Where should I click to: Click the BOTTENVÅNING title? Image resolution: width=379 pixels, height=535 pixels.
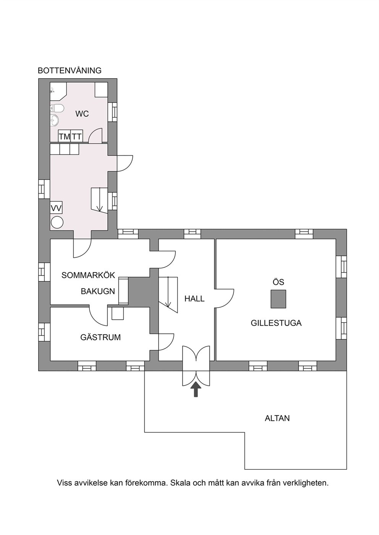pyautogui.click(x=70, y=71)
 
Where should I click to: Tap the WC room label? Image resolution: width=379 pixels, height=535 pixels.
pyautogui.click(x=82, y=114)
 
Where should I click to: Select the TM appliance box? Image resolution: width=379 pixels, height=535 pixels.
pyautogui.click(x=64, y=136)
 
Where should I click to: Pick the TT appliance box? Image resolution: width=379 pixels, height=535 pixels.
pyautogui.click(x=77, y=136)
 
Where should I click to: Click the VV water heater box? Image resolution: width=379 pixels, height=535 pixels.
pyautogui.click(x=56, y=208)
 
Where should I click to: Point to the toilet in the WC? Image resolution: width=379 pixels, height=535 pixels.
pyautogui.click(x=57, y=108)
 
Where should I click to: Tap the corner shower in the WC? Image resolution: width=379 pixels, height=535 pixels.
pyautogui.click(x=58, y=91)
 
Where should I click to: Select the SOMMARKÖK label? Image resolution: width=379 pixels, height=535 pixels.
pyautogui.click(x=88, y=275)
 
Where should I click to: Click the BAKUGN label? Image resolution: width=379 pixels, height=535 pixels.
pyautogui.click(x=98, y=291)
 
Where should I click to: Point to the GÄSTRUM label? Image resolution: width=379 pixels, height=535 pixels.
pyautogui.click(x=100, y=337)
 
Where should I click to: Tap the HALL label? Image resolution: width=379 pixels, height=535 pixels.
pyautogui.click(x=194, y=299)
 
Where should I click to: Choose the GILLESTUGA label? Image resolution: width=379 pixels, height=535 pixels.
pyautogui.click(x=276, y=323)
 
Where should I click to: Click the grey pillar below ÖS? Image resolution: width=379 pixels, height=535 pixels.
pyautogui.click(x=278, y=299)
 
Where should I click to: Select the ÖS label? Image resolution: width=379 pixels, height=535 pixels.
pyautogui.click(x=279, y=282)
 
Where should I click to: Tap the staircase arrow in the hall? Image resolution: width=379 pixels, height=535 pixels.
pyautogui.click(x=168, y=292)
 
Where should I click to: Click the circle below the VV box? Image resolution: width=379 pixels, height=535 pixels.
pyautogui.click(x=57, y=222)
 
